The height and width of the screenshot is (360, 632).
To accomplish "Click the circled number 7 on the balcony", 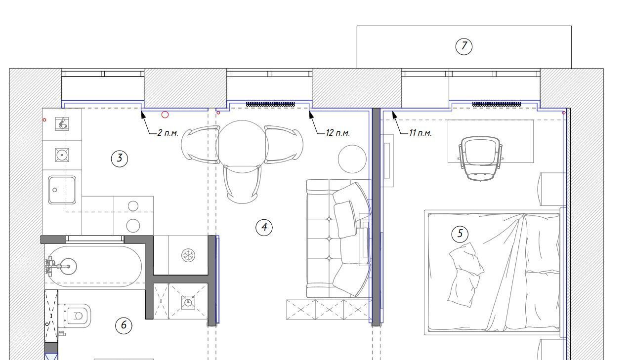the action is click(464, 46).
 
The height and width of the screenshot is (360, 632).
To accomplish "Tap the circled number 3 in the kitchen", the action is click(120, 159).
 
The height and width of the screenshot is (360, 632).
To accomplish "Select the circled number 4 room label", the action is click(264, 228).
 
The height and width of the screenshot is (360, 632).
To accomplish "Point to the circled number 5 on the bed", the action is click(460, 234).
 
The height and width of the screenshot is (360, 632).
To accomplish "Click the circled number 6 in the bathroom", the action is click(124, 325).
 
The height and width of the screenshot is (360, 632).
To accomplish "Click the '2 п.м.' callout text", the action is click(168, 133).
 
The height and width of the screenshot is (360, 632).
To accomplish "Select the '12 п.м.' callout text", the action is click(337, 133).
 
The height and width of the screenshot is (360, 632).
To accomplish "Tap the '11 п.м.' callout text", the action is click(421, 133).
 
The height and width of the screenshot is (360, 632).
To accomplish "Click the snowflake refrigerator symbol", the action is click(188, 255).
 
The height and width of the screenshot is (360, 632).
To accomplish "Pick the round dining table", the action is click(242, 147).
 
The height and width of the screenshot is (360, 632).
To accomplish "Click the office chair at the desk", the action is click(480, 158).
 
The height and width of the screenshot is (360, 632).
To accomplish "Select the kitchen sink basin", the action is click(62, 190).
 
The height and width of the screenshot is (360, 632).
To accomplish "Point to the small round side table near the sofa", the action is click(352, 159).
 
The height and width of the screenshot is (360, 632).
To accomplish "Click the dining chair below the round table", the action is click(242, 185).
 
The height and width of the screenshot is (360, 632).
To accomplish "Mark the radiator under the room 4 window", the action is click(270, 104).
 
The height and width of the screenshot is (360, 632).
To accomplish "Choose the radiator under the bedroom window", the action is click(497, 104).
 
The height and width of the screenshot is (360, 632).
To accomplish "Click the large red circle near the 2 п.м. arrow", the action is click(165, 115).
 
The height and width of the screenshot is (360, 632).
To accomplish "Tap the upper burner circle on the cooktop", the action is click(133, 206).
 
